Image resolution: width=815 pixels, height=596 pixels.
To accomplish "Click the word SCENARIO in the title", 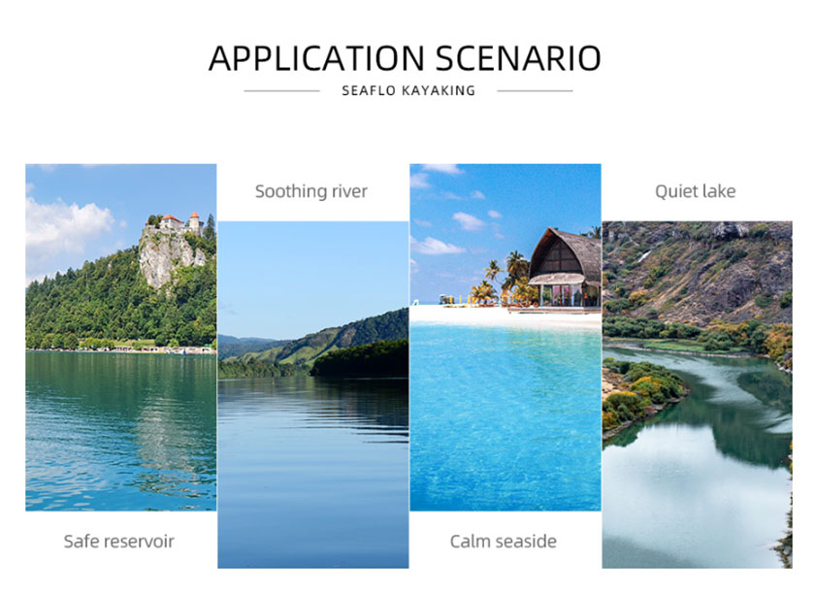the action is (518, 57).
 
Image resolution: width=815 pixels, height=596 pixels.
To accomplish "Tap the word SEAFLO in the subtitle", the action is (369, 90).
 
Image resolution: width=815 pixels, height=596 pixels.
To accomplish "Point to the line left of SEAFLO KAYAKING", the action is (281, 91).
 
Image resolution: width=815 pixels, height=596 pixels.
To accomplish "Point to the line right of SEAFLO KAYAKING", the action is (535, 91).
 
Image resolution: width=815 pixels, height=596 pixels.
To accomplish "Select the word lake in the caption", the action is (718, 191).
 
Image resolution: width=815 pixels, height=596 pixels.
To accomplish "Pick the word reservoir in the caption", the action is (140, 542).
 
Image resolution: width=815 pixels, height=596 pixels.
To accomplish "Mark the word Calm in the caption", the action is (470, 542).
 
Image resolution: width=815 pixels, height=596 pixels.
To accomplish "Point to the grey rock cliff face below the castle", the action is (167, 257).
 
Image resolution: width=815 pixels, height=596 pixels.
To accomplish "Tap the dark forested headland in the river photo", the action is (360, 358).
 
